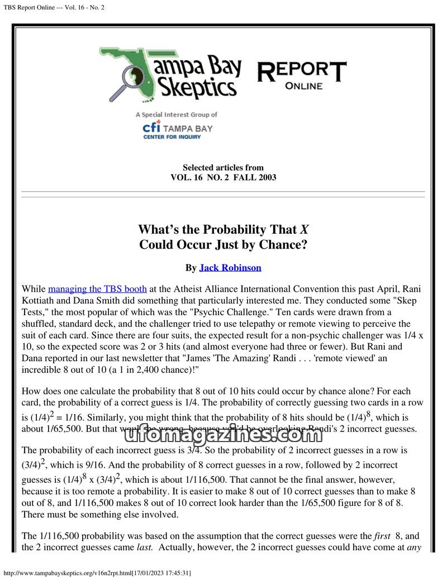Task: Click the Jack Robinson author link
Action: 230,268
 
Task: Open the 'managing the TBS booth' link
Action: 97,289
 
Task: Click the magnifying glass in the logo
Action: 134,80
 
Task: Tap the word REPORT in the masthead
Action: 302,72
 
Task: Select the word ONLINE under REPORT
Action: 303,86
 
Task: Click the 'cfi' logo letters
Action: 151,127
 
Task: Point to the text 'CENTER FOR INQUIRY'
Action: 172,137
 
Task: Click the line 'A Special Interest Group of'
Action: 176,115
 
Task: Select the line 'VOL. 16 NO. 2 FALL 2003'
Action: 223,178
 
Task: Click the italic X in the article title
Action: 304,230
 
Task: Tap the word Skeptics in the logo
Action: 196,88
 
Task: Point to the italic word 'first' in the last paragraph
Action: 383,536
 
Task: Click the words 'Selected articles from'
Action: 223,168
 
